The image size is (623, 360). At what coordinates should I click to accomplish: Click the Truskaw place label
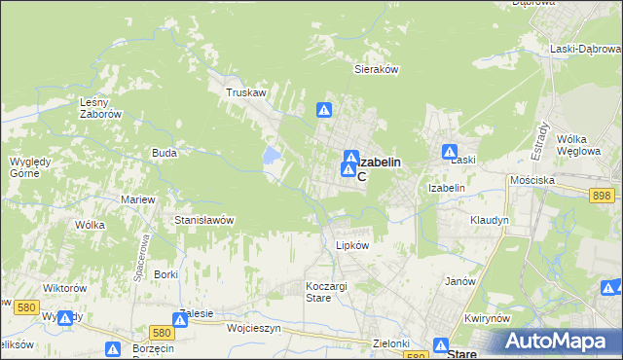click(x=246, y=93)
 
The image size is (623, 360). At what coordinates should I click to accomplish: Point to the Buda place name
click(x=163, y=153)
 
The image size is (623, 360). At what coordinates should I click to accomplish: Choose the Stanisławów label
click(x=203, y=220)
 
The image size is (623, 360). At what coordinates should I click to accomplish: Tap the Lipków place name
click(x=352, y=245)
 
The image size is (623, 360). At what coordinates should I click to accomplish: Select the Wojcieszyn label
click(x=253, y=329)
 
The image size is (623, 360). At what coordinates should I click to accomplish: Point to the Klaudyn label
click(x=489, y=220)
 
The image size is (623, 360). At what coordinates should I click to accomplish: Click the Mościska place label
click(x=532, y=181)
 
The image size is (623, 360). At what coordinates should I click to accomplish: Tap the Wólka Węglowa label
click(x=577, y=145)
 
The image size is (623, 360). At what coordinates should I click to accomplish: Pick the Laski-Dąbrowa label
click(x=584, y=49)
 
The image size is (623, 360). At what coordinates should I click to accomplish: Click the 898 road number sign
click(x=602, y=196)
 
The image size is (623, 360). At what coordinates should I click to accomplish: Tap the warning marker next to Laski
click(x=450, y=152)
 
